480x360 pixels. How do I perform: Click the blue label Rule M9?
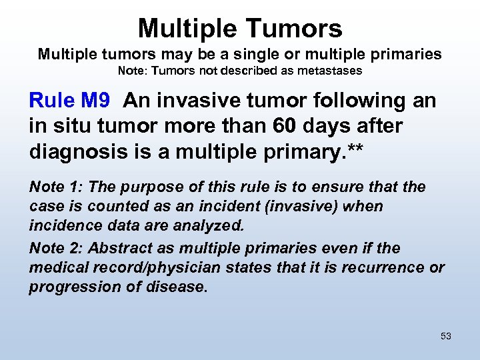click(69, 101)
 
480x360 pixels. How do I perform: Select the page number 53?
click(446, 336)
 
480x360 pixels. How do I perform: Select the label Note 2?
click(55, 249)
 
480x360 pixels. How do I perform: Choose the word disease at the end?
click(179, 287)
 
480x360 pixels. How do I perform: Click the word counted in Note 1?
click(105, 207)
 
